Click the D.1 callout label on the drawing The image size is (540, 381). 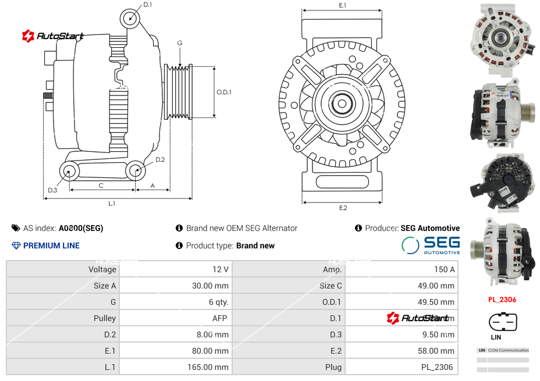(147, 5)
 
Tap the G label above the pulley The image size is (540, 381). (180, 44)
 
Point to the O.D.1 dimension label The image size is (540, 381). (224, 92)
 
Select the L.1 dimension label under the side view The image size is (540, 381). (112, 204)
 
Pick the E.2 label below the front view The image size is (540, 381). (343, 208)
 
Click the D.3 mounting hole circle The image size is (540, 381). (70, 171)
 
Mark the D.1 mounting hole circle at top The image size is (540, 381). (130, 18)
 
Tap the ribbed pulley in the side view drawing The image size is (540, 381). (179, 91)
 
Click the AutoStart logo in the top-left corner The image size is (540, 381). (53, 36)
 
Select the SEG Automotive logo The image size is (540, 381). (431, 245)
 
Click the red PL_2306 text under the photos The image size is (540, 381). (502, 300)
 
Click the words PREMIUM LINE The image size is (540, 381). (51, 245)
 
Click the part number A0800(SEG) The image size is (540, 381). (81, 228)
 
